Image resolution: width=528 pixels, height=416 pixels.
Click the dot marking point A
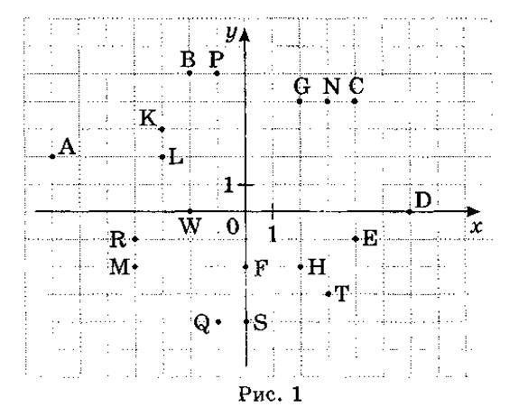(x=52, y=156)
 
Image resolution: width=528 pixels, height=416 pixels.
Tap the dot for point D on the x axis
(x=410, y=212)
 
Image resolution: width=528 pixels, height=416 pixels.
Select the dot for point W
(x=190, y=211)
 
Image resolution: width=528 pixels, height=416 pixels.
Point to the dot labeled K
(x=162, y=129)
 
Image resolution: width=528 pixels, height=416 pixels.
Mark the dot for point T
(x=329, y=294)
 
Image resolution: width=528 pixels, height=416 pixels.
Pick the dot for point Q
(x=218, y=322)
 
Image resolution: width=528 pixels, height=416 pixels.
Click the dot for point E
(x=356, y=239)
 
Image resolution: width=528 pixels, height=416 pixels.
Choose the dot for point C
(x=355, y=101)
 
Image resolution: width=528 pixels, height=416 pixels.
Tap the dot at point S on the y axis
(x=246, y=322)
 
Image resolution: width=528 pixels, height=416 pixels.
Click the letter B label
(x=188, y=59)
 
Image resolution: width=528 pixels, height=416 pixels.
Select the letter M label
(x=119, y=267)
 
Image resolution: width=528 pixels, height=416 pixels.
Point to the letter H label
(x=317, y=267)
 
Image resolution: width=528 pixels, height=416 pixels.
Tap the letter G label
(x=302, y=86)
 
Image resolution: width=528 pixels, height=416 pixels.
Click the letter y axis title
(x=231, y=34)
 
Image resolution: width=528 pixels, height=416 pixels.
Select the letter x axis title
(x=477, y=228)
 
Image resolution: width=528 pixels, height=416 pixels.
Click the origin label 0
(x=233, y=226)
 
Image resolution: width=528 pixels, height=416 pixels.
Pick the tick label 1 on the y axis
(x=228, y=185)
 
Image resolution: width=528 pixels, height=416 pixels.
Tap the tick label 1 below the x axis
(x=273, y=233)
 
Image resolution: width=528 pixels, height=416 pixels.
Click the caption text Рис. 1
(x=271, y=394)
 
